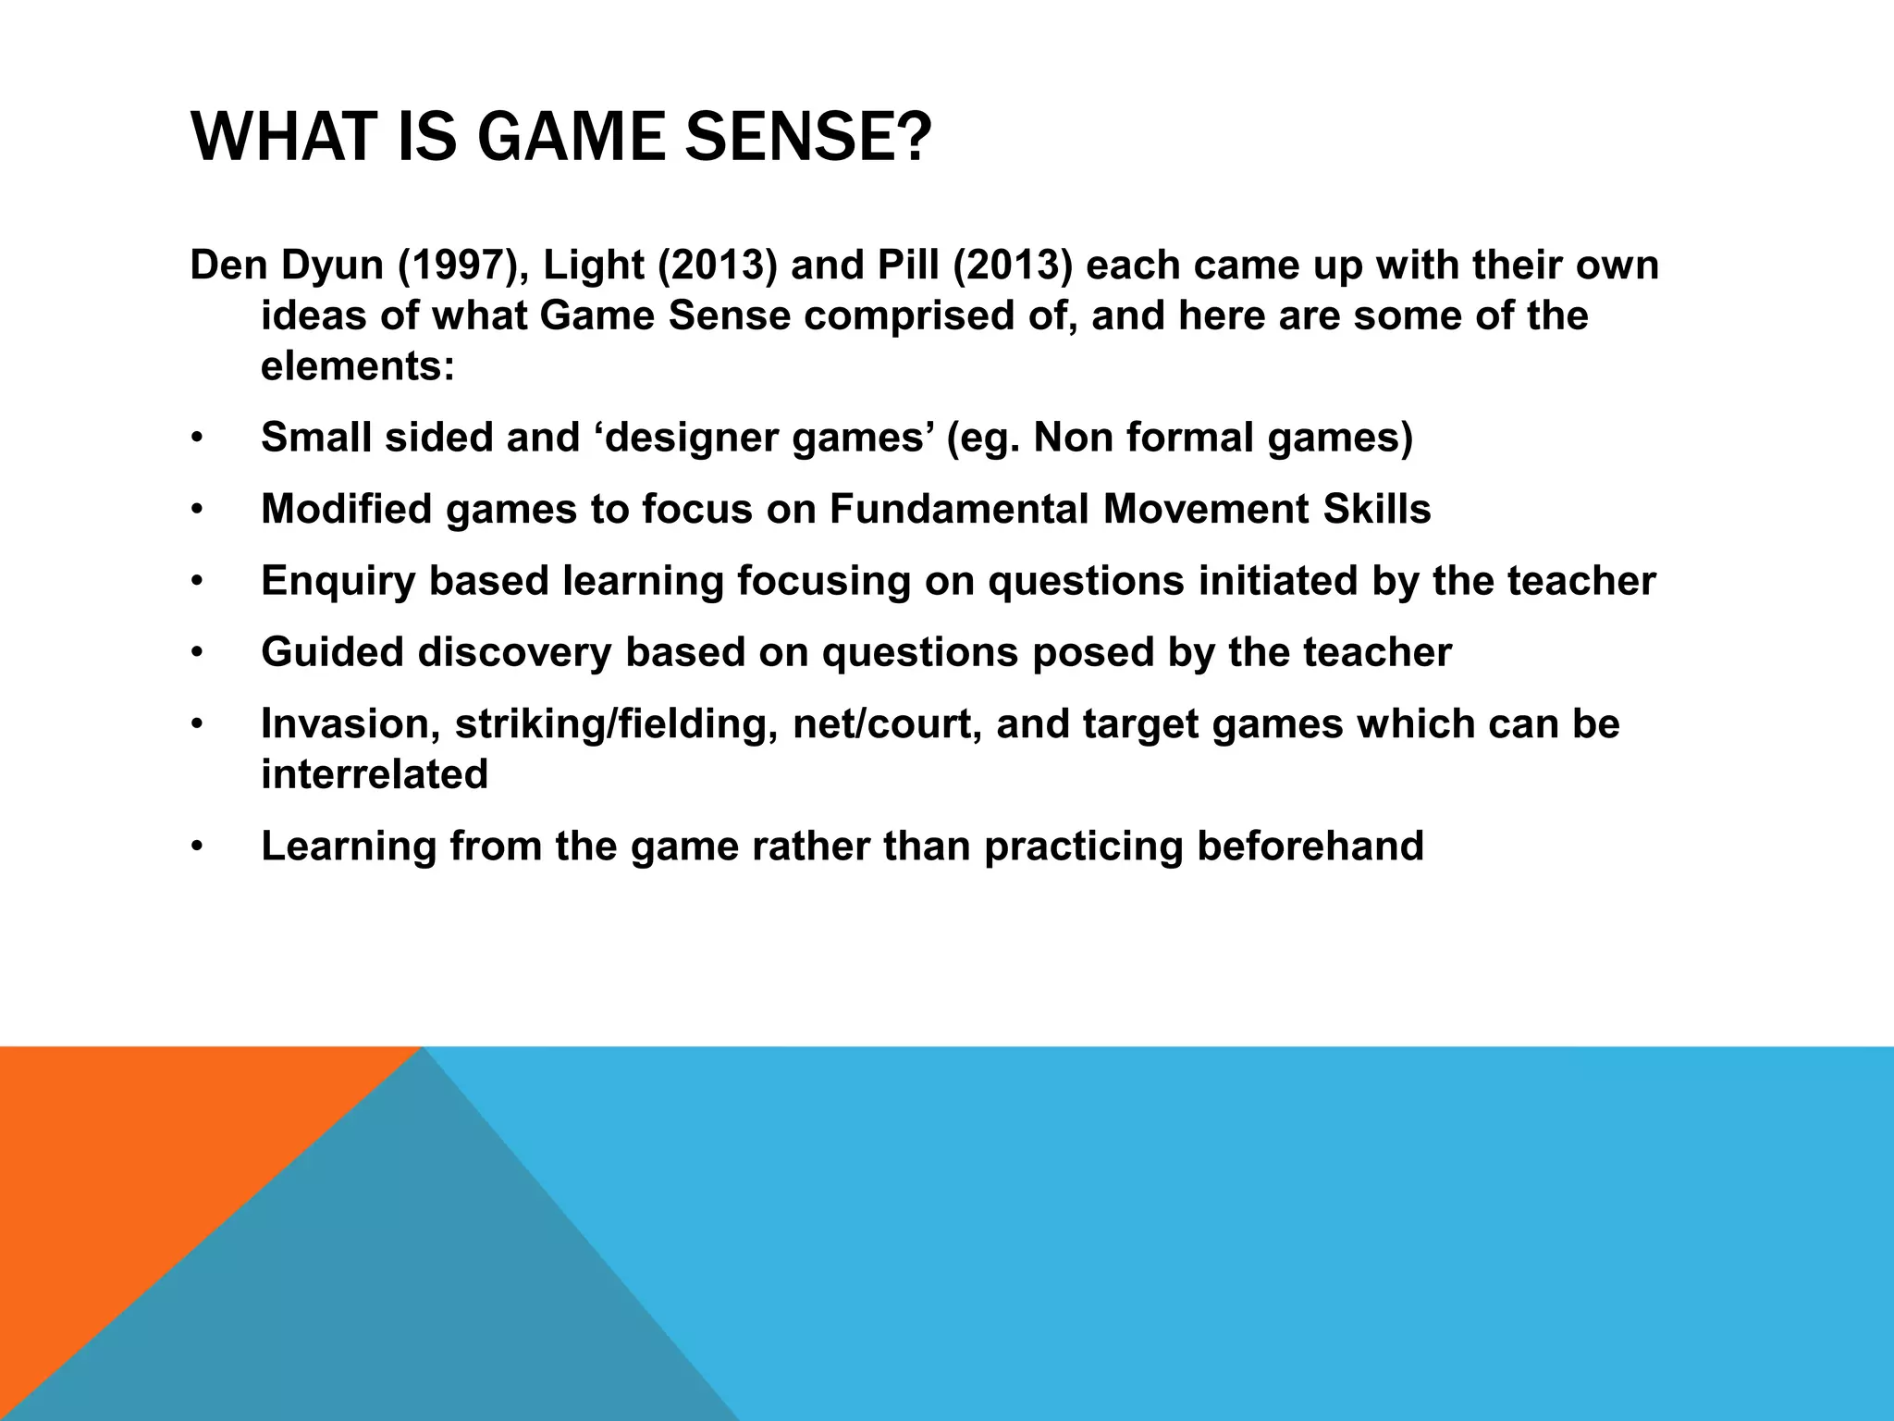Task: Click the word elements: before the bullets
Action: (358, 366)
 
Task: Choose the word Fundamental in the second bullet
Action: (959, 509)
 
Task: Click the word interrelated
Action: (375, 774)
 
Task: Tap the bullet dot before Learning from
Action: (196, 847)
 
